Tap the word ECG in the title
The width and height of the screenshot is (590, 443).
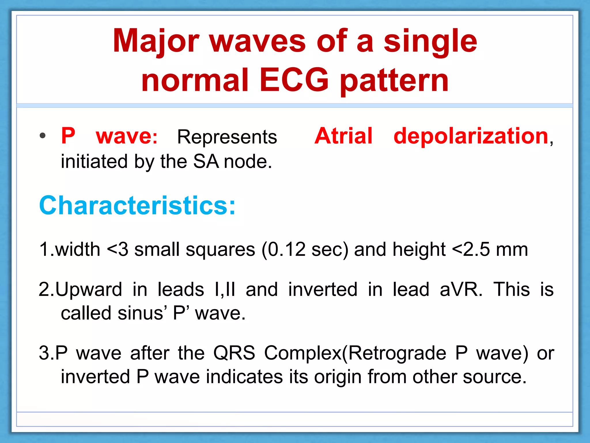click(x=294, y=80)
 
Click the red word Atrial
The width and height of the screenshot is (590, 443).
click(x=343, y=136)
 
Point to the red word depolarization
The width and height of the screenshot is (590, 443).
click(x=471, y=136)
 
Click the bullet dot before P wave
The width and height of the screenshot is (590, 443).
click(x=43, y=136)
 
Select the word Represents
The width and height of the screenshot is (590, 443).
click(x=227, y=137)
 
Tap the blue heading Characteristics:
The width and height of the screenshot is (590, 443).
click(x=137, y=205)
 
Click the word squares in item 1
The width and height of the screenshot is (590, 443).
click(x=220, y=250)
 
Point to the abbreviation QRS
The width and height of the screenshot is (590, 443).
click(x=234, y=353)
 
